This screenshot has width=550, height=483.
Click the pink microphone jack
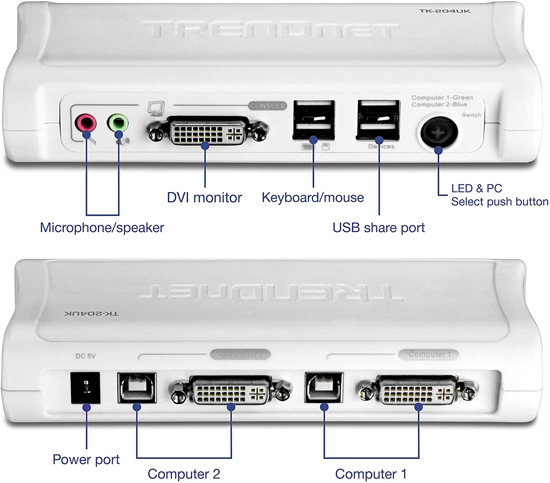(85, 122)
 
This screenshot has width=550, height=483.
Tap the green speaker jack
(118, 122)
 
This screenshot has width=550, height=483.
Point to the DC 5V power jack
(85, 388)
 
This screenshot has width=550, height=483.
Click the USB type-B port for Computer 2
(137, 388)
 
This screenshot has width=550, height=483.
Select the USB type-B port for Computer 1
(324, 388)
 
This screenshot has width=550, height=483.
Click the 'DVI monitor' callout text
(204, 198)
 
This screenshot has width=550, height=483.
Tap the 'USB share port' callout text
(378, 228)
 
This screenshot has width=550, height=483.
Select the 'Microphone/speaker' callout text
(102, 228)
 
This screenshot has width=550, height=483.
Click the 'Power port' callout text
(86, 460)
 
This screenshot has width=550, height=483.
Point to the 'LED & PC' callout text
(476, 188)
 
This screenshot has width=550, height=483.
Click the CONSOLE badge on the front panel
(267, 106)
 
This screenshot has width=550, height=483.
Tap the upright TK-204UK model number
(444, 11)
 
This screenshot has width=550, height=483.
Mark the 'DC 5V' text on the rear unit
(85, 356)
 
